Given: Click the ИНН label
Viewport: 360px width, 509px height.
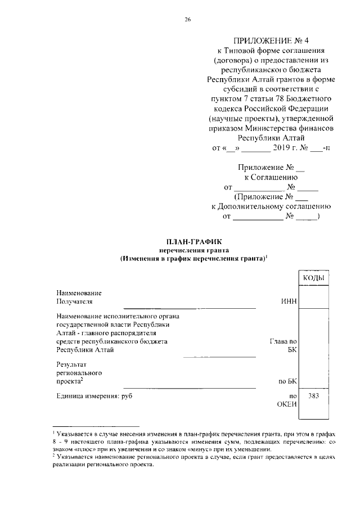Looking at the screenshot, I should tap(288, 302).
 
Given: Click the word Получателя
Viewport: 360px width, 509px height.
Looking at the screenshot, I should tap(76, 302).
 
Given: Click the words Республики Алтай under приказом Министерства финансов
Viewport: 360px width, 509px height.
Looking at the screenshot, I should tap(271, 137).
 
